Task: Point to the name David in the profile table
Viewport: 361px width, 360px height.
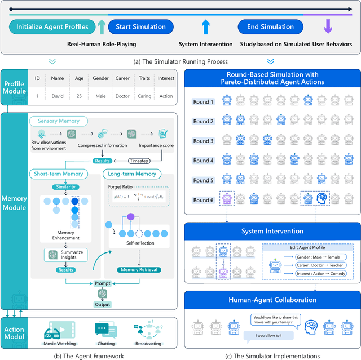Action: pos(58,96)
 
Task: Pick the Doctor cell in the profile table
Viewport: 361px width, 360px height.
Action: pos(122,96)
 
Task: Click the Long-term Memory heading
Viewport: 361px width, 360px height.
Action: pos(133,174)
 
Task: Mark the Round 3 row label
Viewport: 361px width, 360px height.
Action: pos(204,141)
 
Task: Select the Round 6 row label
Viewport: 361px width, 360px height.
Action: pos(204,199)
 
